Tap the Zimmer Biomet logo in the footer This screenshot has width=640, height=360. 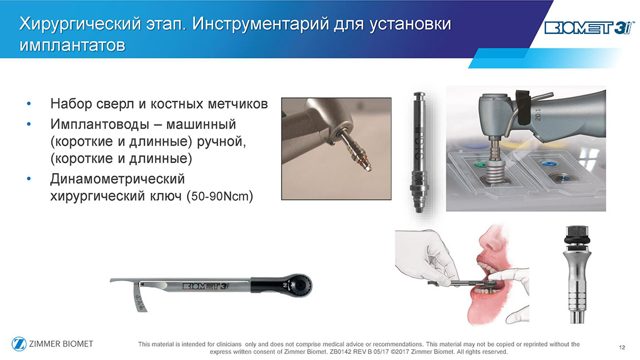coord(53,344)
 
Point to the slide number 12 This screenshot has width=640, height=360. coord(622,347)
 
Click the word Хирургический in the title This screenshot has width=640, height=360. coord(80,24)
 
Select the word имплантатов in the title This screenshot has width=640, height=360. coord(72,45)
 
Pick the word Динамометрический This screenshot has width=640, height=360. coord(117,179)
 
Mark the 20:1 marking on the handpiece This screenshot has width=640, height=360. coord(538,114)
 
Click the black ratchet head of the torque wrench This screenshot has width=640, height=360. coord(299,285)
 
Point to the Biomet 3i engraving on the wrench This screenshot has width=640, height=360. coord(206,285)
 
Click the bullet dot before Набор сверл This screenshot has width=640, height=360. coord(28,104)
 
